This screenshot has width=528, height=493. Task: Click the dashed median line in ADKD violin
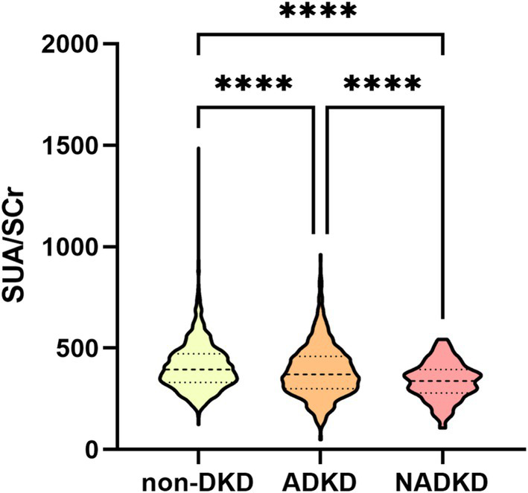[321, 374]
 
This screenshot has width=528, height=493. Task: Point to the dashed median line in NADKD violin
[444, 381]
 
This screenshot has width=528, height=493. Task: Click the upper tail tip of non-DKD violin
[199, 149]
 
